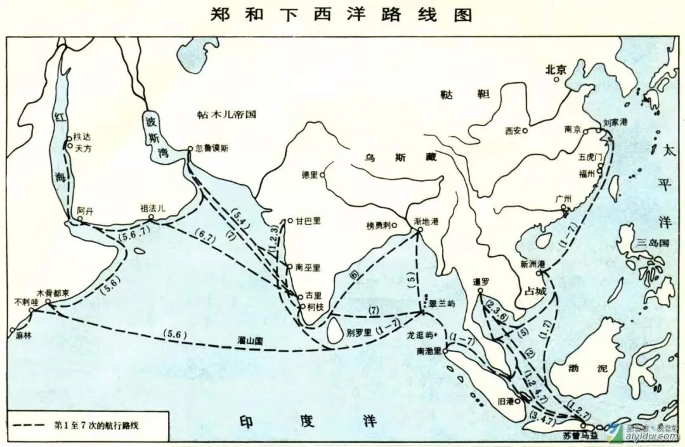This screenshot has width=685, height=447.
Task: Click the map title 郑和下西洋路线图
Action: click(342, 14)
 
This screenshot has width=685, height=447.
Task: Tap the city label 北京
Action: click(554, 69)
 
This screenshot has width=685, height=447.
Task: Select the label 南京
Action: click(572, 129)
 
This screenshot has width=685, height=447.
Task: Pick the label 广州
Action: click(563, 198)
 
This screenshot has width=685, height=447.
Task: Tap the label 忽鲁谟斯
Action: click(212, 149)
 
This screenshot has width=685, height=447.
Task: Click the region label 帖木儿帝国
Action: click(226, 115)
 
